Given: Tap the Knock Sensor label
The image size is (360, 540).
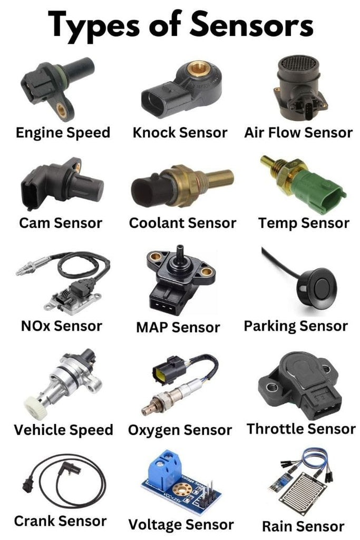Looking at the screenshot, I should pyautogui.click(x=180, y=132).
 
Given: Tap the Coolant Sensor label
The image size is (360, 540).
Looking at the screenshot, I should pyautogui.click(x=182, y=223).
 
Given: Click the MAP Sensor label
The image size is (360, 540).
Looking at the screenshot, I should pyautogui.click(x=178, y=327).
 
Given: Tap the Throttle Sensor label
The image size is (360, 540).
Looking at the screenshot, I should pyautogui.click(x=301, y=429).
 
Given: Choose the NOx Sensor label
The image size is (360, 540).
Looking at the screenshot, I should pyautogui.click(x=61, y=325).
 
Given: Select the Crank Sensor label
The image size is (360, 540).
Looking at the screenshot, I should pyautogui.click(x=60, y=522).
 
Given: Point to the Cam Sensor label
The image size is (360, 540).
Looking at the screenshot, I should pyautogui.click(x=61, y=223).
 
